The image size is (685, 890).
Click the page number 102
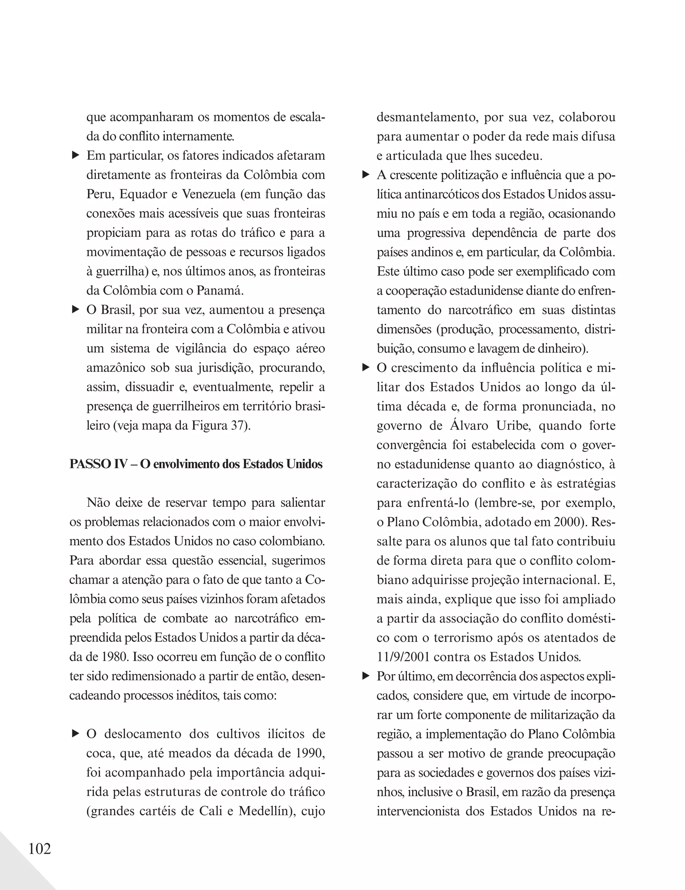[x=39, y=849]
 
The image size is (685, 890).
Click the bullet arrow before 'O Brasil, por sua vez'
[x=75, y=310]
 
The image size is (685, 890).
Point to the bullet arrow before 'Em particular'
[x=75, y=155]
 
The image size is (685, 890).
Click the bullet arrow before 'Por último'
[x=366, y=676]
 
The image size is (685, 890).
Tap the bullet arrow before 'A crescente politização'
[x=366, y=175]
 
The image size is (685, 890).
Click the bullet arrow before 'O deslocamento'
[x=75, y=733]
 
